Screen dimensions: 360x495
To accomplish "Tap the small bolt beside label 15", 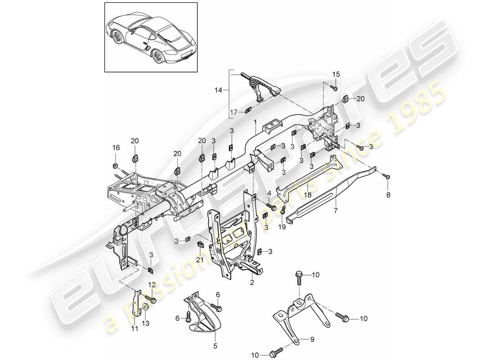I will [334, 89].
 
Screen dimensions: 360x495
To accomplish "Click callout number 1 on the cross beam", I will [255, 122].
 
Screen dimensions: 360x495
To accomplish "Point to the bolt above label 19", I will [283, 209].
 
